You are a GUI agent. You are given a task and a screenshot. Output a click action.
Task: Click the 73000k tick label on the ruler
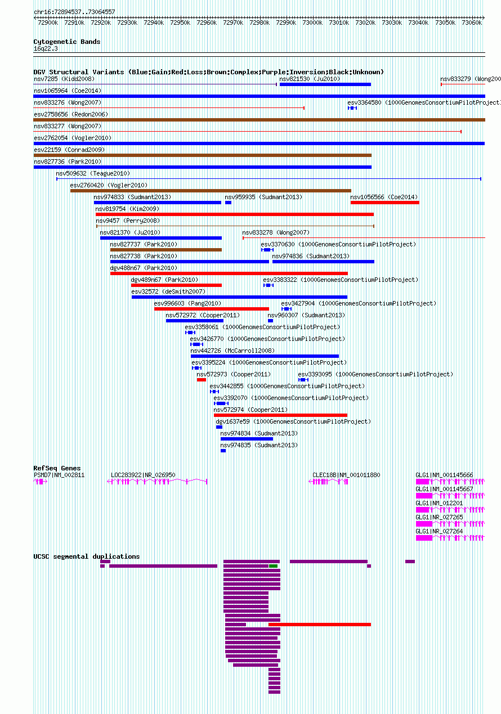[312, 23]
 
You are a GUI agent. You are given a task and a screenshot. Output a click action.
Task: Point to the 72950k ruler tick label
[180, 23]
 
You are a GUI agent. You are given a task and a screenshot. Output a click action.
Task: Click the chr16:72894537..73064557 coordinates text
[74, 12]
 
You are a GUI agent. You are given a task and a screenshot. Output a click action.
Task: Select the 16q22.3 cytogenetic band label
[46, 49]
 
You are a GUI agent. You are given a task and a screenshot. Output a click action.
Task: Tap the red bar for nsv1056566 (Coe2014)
[384, 203]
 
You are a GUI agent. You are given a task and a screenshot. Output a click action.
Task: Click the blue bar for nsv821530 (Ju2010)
[325, 84]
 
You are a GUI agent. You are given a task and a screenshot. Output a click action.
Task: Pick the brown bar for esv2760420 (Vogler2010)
[211, 191]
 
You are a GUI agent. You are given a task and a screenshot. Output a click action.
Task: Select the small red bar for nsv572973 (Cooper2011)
[202, 380]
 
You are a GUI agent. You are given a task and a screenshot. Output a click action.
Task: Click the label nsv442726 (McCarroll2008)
[232, 351]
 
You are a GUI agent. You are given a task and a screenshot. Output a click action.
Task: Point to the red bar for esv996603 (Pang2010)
[212, 309]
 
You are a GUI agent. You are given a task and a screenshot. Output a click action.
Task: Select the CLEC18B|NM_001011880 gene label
[346, 475]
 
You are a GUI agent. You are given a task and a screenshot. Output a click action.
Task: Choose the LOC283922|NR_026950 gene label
[143, 475]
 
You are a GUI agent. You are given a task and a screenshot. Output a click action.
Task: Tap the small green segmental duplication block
[273, 566]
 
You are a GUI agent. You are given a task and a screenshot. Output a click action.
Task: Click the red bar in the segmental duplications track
[319, 625]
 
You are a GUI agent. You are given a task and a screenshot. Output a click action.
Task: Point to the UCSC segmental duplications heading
[87, 556]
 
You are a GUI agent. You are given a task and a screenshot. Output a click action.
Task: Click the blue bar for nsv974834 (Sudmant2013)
[247, 439]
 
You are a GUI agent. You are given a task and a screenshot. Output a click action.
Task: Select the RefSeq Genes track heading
[57, 468]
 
